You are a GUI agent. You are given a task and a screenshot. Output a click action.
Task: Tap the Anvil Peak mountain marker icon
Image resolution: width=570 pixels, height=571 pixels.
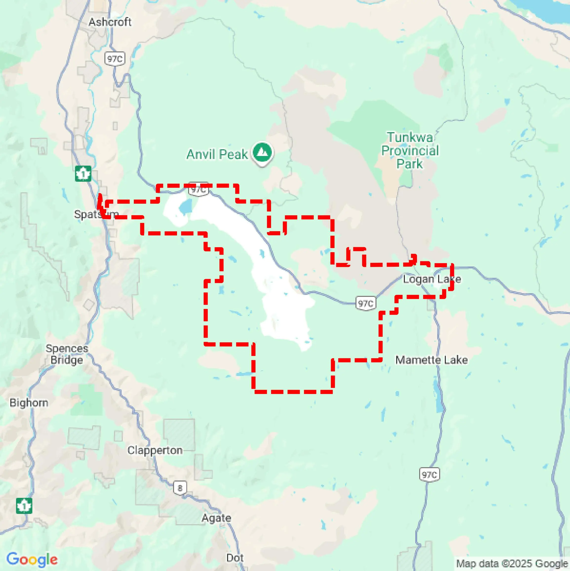262,153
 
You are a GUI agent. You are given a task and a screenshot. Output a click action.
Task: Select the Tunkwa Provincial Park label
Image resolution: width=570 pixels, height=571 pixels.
410,151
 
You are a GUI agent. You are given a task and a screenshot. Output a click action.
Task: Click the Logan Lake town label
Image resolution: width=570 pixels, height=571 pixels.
432,279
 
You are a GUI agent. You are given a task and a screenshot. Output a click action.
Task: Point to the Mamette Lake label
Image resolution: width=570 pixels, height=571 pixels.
431,360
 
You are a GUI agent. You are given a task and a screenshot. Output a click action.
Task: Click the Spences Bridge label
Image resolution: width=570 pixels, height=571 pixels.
67,354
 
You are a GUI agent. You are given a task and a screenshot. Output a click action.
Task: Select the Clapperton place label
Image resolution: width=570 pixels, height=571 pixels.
155,450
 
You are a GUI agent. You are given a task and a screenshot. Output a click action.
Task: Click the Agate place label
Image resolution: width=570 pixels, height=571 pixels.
216,518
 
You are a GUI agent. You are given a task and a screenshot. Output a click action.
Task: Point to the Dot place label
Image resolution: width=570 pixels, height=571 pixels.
235,558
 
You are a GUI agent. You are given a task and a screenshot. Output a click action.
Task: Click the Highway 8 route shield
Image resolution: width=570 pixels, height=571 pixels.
180,488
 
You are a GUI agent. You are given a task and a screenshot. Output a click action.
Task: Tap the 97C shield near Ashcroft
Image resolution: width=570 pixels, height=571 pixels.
115,59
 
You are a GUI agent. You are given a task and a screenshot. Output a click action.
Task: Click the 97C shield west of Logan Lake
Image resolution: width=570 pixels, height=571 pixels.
365,303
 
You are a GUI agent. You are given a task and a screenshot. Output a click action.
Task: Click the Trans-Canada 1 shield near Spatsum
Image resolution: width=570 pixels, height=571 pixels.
83,174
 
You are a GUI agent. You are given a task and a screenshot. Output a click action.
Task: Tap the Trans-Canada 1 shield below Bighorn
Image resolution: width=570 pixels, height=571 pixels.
24,506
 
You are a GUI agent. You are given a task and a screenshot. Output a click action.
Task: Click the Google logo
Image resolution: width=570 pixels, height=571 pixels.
32,559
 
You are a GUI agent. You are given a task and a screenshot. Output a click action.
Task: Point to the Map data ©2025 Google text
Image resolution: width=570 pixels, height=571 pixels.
512,563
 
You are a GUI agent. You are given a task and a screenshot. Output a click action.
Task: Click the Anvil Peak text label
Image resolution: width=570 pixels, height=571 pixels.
217,154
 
